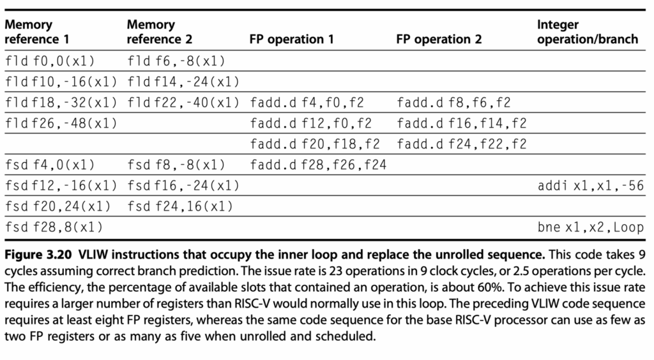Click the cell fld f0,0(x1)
[x=50, y=61]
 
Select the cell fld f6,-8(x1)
[x=176, y=61]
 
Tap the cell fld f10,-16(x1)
[x=61, y=82]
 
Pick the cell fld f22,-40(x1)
[x=183, y=103]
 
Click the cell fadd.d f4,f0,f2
[x=307, y=103]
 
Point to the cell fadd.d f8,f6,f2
[x=454, y=103]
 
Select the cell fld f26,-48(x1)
[x=61, y=123]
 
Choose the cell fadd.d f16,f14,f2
[x=462, y=123]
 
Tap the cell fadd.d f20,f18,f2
[x=315, y=144]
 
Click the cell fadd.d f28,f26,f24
[x=318, y=165]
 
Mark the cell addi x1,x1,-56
[x=591, y=185]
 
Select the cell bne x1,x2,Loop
[x=591, y=227]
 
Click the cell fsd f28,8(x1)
[x=54, y=227]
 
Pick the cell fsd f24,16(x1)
[x=180, y=206]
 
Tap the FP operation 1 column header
[x=291, y=39]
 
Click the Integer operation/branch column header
[x=588, y=32]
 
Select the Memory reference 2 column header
[x=159, y=32]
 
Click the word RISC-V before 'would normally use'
[x=259, y=303]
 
